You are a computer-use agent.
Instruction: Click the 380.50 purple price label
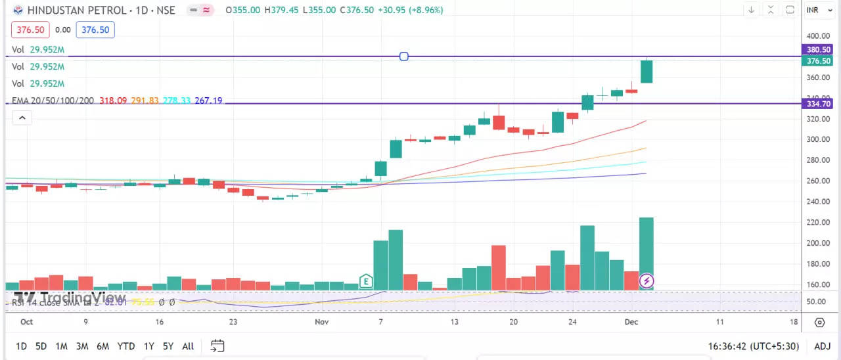coord(819,49)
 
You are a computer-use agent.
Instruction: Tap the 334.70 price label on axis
coord(819,104)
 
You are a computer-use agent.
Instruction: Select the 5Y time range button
coord(168,346)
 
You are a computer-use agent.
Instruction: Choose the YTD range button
coord(125,346)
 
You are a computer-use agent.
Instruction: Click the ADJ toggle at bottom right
coord(822,346)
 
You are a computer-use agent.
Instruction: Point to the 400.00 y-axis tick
coord(819,36)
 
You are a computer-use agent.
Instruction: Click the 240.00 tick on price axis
coord(819,202)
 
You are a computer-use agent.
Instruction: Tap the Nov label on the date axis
coord(321,322)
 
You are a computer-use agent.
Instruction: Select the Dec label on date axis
coord(631,322)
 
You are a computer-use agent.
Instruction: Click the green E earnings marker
coord(365,282)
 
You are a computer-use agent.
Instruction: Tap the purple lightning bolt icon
coord(647,282)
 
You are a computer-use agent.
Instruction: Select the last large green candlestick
coord(647,72)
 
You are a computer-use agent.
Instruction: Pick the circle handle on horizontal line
coord(404,56)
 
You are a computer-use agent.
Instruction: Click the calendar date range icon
coord(217,346)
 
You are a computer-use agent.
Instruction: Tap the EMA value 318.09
coord(112,101)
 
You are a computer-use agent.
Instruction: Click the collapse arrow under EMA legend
coord(22,118)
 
